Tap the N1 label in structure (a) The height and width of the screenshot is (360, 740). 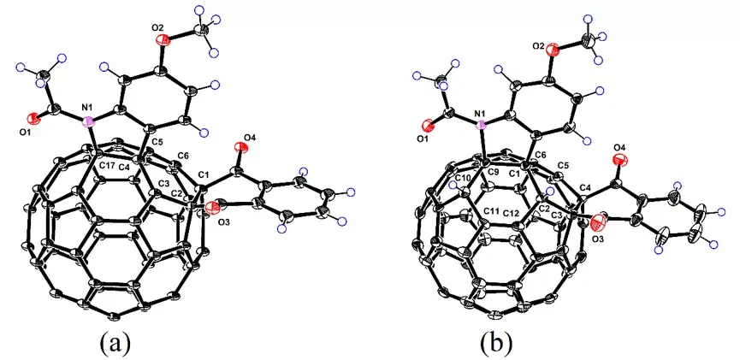(x=86, y=108)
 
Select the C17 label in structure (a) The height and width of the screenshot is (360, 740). (x=108, y=164)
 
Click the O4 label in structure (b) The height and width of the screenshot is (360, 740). (x=619, y=149)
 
